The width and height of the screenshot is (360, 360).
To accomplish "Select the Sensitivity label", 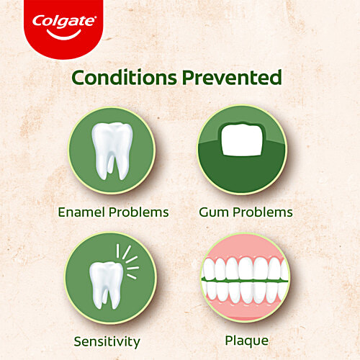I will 106,341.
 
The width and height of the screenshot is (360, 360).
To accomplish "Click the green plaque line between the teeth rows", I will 245,281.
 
